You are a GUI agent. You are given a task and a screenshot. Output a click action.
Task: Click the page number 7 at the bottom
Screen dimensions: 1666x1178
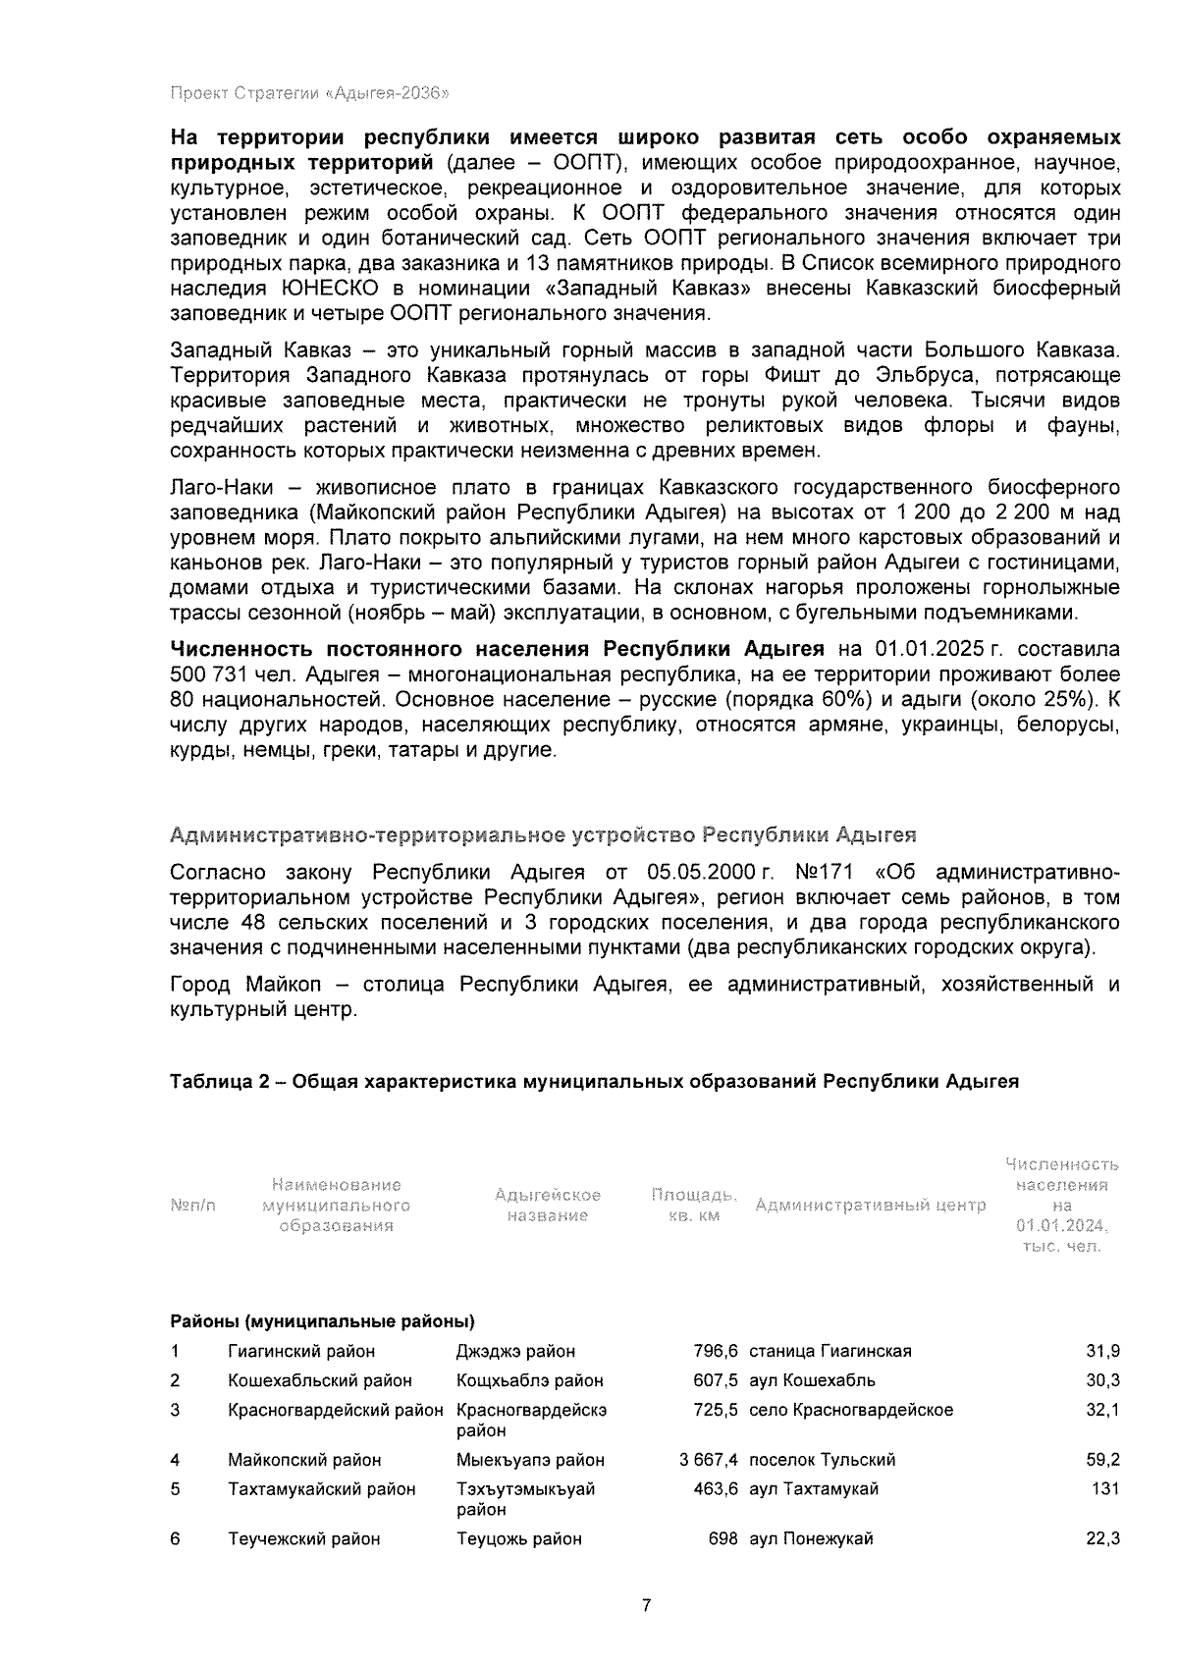(x=646, y=1606)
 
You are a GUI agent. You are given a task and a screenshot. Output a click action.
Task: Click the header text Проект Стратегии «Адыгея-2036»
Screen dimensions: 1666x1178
(x=309, y=94)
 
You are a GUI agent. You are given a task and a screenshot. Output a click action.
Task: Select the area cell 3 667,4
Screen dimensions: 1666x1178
(x=708, y=1460)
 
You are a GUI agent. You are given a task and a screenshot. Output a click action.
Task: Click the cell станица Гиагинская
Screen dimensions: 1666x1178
(x=830, y=1351)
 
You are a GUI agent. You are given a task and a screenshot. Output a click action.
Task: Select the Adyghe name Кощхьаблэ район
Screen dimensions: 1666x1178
(x=529, y=1380)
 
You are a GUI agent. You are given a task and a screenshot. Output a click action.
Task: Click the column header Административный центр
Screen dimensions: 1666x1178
(x=870, y=1205)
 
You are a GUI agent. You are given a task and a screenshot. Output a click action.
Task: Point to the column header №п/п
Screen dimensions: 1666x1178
(x=192, y=1205)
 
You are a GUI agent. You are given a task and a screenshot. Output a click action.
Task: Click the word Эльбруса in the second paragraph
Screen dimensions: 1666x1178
(x=912, y=375)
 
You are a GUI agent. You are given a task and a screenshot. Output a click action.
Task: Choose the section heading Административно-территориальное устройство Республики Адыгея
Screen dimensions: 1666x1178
(x=543, y=835)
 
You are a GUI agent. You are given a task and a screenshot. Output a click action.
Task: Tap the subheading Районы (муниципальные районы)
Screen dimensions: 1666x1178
(x=322, y=1320)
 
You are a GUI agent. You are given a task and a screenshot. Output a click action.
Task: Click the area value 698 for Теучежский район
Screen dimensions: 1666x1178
(x=723, y=1539)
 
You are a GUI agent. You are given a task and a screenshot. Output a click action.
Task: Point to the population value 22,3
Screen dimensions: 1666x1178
(x=1102, y=1539)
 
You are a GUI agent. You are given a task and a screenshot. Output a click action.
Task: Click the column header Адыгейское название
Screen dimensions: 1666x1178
(x=547, y=1205)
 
